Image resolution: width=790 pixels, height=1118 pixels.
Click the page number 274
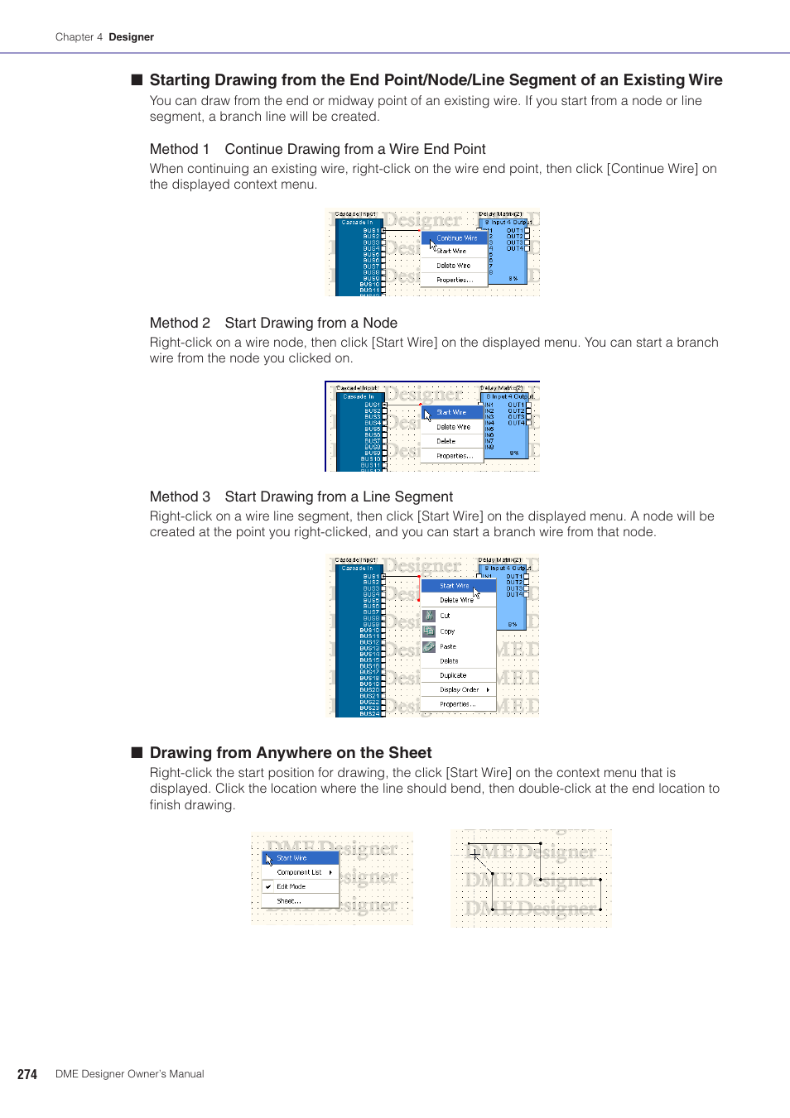click(x=27, y=1074)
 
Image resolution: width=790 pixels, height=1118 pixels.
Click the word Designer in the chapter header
click(x=131, y=37)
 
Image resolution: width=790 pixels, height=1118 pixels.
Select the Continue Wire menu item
click(x=456, y=238)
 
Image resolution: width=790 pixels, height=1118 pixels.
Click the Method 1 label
click(x=179, y=149)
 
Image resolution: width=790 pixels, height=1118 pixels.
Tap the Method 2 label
click(x=179, y=323)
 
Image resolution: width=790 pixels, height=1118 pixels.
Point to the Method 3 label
click(x=179, y=497)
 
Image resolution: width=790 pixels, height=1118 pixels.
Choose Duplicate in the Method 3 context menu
click(x=453, y=675)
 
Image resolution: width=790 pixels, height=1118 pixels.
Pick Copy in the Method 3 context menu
click(x=447, y=631)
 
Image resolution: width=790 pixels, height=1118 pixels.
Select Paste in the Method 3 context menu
click(x=448, y=646)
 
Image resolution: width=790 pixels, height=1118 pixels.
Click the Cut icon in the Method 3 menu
click(x=429, y=616)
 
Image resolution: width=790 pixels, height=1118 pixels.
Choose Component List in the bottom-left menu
click(x=299, y=872)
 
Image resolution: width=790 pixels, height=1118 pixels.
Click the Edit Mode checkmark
click(x=268, y=886)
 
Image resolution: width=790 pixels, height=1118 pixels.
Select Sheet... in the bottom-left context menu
click(x=288, y=900)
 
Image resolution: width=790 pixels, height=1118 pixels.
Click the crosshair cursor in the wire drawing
click(x=474, y=854)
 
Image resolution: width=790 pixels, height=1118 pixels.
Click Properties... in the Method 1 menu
click(x=455, y=280)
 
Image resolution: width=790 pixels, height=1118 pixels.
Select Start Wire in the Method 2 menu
click(x=451, y=412)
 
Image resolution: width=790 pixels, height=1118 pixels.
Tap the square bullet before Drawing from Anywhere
click(x=137, y=752)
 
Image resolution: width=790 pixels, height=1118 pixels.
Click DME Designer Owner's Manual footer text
click(x=129, y=1074)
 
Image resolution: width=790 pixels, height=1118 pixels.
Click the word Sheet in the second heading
click(x=410, y=752)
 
